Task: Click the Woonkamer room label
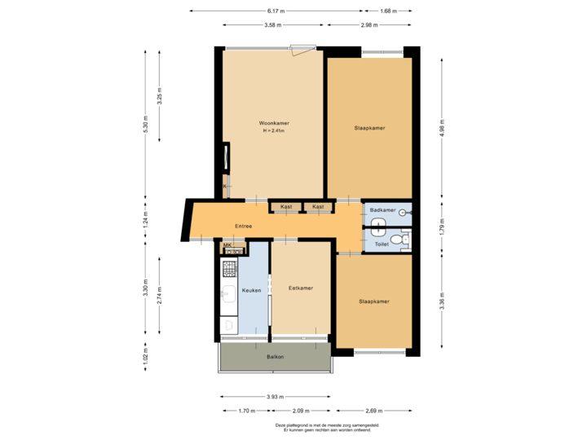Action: coord(275,123)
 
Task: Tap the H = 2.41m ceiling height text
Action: coord(275,131)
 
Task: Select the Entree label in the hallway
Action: coord(243,226)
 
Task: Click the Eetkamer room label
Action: coord(301,288)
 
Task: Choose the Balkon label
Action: coord(275,357)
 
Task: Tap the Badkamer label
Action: coord(382,210)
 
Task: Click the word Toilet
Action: coord(382,244)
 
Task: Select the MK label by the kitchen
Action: coord(227,244)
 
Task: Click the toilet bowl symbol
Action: coord(398,240)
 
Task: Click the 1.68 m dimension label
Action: coord(388,11)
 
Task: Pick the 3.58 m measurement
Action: coord(272,25)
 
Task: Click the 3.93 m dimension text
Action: coord(276,397)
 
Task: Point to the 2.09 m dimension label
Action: coord(301,411)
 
